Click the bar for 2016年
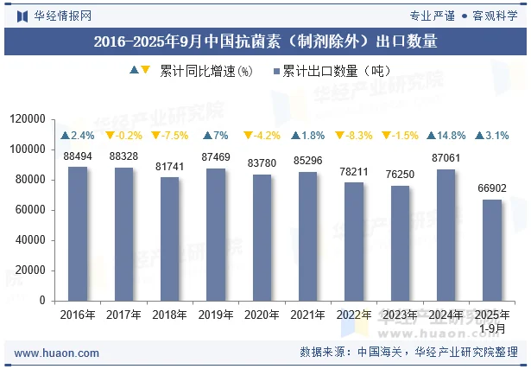[x=78, y=233]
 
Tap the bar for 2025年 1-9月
[x=491, y=250]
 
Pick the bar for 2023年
[x=400, y=243]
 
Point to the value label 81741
[x=169, y=167]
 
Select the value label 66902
[x=491, y=189]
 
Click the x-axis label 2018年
[x=169, y=315]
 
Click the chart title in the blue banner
[x=265, y=41]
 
